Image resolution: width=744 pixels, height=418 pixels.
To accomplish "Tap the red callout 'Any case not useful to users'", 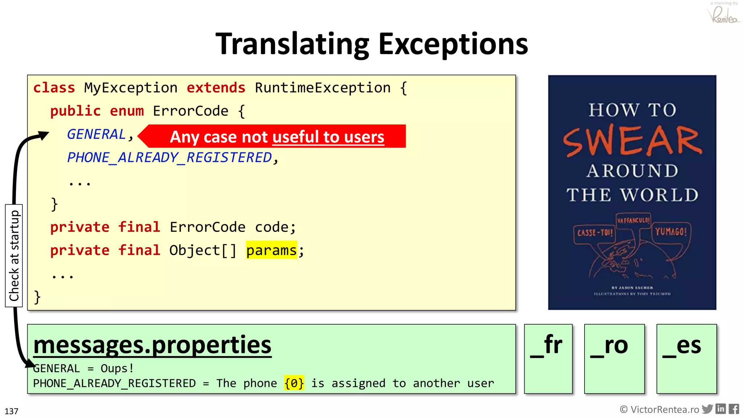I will click(277, 137).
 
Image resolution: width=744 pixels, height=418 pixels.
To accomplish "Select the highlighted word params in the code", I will click(271, 250).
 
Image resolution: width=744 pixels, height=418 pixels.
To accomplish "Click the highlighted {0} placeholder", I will click(294, 383).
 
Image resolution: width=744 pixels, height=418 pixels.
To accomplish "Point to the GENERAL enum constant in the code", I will click(96, 134).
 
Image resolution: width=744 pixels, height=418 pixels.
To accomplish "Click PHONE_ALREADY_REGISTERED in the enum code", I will click(170, 157).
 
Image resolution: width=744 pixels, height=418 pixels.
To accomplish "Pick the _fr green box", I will click(548, 358).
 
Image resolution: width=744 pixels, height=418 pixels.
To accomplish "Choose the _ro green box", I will click(614, 358).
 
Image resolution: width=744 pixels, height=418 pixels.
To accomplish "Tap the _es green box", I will click(686, 358).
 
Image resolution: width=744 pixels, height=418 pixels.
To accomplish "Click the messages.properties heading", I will click(152, 345).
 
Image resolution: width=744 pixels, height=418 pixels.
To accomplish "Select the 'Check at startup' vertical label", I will click(14, 256).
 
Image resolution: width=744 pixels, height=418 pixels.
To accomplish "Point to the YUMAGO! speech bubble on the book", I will click(671, 231).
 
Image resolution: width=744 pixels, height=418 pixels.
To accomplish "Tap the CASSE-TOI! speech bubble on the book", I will click(595, 233).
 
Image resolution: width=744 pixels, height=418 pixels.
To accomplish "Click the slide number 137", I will click(11, 411).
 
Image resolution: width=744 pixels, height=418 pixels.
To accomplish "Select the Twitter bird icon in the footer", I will click(707, 409).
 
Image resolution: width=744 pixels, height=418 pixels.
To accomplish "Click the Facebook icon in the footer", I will click(733, 409).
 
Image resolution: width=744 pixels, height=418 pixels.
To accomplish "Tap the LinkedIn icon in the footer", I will click(720, 409).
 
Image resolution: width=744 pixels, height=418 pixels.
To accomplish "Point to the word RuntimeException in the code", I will click(323, 88).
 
